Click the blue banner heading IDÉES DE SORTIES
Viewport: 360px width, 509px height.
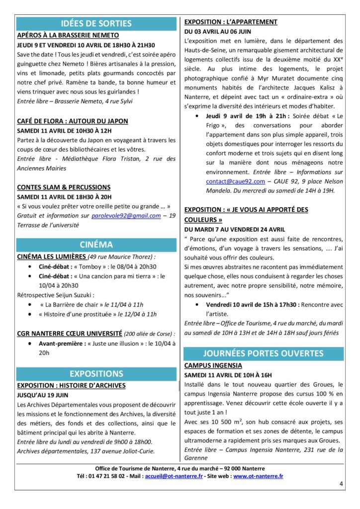[x=96, y=23]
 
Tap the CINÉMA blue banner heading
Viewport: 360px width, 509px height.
[x=96, y=245]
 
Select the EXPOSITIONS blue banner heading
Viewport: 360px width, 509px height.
[x=96, y=374]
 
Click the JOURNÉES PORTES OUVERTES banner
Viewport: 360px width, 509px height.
[x=263, y=353]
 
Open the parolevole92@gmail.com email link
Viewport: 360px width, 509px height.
[x=126, y=216]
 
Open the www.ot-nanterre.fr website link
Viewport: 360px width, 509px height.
[x=258, y=476]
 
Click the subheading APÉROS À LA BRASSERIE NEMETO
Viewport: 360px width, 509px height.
[x=68, y=35]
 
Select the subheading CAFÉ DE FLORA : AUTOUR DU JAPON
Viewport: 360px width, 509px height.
[x=73, y=121]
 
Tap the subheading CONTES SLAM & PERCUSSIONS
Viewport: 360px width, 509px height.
[x=64, y=187]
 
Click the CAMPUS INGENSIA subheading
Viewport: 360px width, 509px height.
[x=213, y=365]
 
